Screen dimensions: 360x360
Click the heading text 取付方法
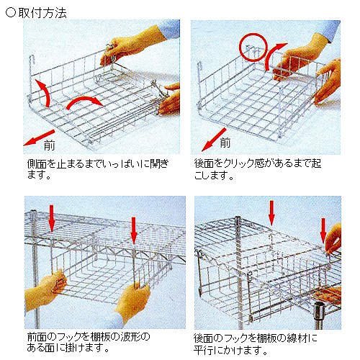pyautogui.click(x=42, y=13)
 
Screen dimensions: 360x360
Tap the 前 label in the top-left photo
pyautogui.click(x=49, y=145)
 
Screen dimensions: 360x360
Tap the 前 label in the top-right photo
pyautogui.click(x=225, y=142)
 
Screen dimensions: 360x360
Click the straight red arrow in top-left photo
pyautogui.click(x=39, y=138)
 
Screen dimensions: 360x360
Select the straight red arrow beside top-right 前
pyautogui.click(x=214, y=140)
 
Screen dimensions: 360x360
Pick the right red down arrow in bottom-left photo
pyautogui.click(x=134, y=230)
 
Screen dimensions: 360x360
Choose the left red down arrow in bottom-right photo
pyautogui.click(x=271, y=213)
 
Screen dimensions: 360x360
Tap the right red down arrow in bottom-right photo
pyautogui.click(x=323, y=230)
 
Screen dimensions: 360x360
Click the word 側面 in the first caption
pyautogui.click(x=37, y=163)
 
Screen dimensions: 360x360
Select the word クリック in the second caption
pyautogui.click(x=243, y=163)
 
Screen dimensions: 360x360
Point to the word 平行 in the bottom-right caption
pyautogui.click(x=204, y=351)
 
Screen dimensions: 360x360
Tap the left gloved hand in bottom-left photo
pyautogui.click(x=45, y=290)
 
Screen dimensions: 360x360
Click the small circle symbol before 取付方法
pyautogui.click(x=11, y=13)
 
